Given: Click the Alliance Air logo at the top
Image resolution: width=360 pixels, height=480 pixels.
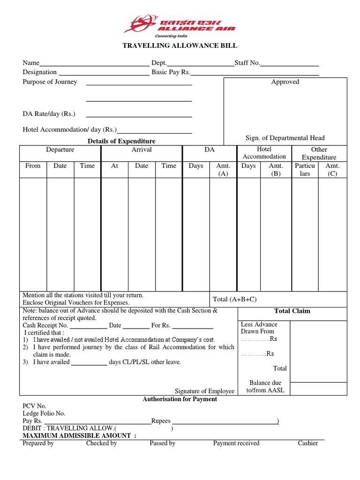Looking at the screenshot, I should click(x=180, y=26).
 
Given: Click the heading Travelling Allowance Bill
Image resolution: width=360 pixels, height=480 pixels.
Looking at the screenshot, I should click(x=180, y=45).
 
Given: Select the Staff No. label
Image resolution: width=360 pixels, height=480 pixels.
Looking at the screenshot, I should click(x=247, y=63).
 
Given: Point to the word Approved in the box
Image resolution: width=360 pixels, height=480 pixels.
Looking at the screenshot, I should click(x=285, y=82).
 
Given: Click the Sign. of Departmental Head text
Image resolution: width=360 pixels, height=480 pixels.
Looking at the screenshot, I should click(x=285, y=138).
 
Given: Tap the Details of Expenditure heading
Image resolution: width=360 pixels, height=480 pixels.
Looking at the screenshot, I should click(x=121, y=141).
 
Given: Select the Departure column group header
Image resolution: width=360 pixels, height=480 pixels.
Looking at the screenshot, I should click(x=60, y=150).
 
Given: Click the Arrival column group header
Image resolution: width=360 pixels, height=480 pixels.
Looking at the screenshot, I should click(x=142, y=150).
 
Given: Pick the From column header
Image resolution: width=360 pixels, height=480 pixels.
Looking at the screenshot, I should click(x=33, y=165).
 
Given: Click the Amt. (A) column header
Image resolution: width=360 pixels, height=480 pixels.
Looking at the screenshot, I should click(x=223, y=170).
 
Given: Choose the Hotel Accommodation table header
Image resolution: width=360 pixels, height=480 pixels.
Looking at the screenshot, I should click(x=264, y=153).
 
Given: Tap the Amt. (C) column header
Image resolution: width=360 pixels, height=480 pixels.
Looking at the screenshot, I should click(x=332, y=170).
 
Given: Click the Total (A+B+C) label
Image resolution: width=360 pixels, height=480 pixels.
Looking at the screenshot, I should click(x=235, y=299).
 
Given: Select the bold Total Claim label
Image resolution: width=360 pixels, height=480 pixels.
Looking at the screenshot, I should click(x=292, y=311).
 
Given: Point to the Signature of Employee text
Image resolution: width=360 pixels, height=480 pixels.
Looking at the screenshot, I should click(x=204, y=391).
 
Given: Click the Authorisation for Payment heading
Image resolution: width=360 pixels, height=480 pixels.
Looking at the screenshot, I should click(x=180, y=399).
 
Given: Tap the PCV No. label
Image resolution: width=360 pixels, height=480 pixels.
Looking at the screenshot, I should click(x=35, y=406).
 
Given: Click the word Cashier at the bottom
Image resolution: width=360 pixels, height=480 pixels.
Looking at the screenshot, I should click(x=307, y=443).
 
